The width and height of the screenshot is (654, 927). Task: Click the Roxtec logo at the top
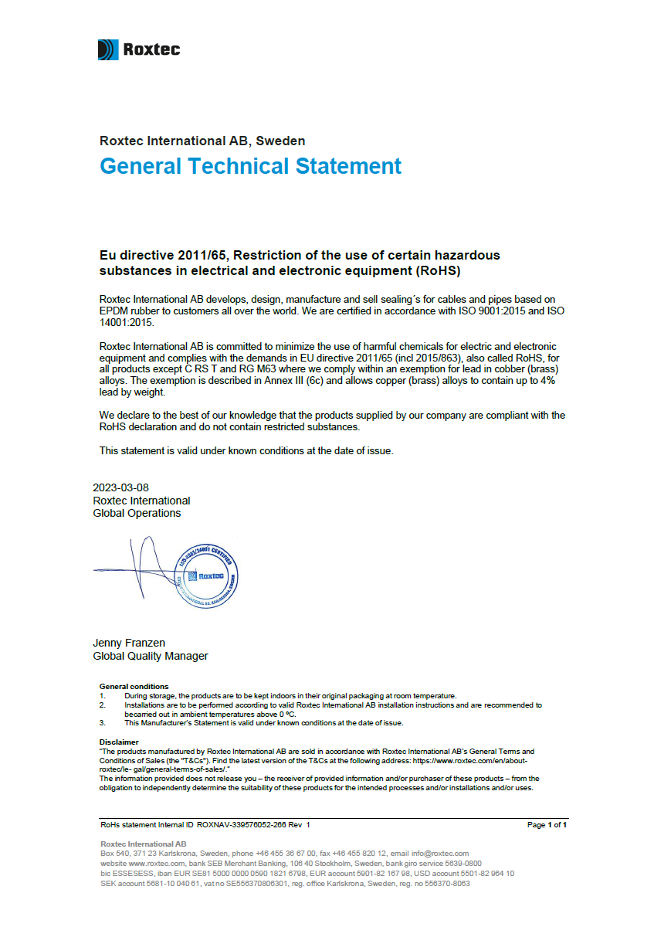coord(139,50)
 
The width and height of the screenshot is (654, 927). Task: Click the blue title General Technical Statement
coord(250,166)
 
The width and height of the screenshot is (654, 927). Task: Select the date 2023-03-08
coord(120,487)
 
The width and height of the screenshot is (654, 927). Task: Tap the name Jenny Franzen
coord(129,643)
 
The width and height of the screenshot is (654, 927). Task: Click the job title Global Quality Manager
coord(151,657)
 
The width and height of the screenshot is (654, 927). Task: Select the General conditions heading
coord(134,686)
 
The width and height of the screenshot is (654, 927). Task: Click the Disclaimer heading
coord(119,742)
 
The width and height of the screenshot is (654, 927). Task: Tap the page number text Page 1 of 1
coord(547,825)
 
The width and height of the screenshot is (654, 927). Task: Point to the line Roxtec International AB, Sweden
coord(202,141)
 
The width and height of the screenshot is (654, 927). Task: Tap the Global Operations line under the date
coord(137,513)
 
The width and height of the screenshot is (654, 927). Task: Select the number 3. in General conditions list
coord(102,723)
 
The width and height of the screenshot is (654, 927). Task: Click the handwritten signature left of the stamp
coord(139,568)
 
